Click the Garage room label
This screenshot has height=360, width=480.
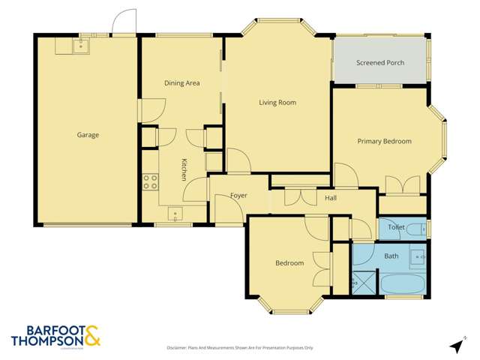[x=88, y=135]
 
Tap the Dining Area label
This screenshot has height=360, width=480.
[x=181, y=83]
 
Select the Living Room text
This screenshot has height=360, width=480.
[x=277, y=102]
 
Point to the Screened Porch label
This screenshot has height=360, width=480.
[x=380, y=63]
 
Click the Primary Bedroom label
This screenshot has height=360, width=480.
[x=384, y=140]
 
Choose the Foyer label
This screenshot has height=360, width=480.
[x=238, y=196]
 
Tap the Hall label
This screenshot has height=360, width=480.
[x=331, y=198]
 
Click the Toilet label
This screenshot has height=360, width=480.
[x=396, y=226]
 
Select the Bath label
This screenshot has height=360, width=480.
[x=391, y=256]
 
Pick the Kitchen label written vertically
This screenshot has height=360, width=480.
[x=183, y=169]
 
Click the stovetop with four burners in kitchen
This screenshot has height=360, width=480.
[x=150, y=181]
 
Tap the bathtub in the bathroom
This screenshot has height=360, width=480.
[x=403, y=285]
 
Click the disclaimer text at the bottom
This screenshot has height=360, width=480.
[x=240, y=348]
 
